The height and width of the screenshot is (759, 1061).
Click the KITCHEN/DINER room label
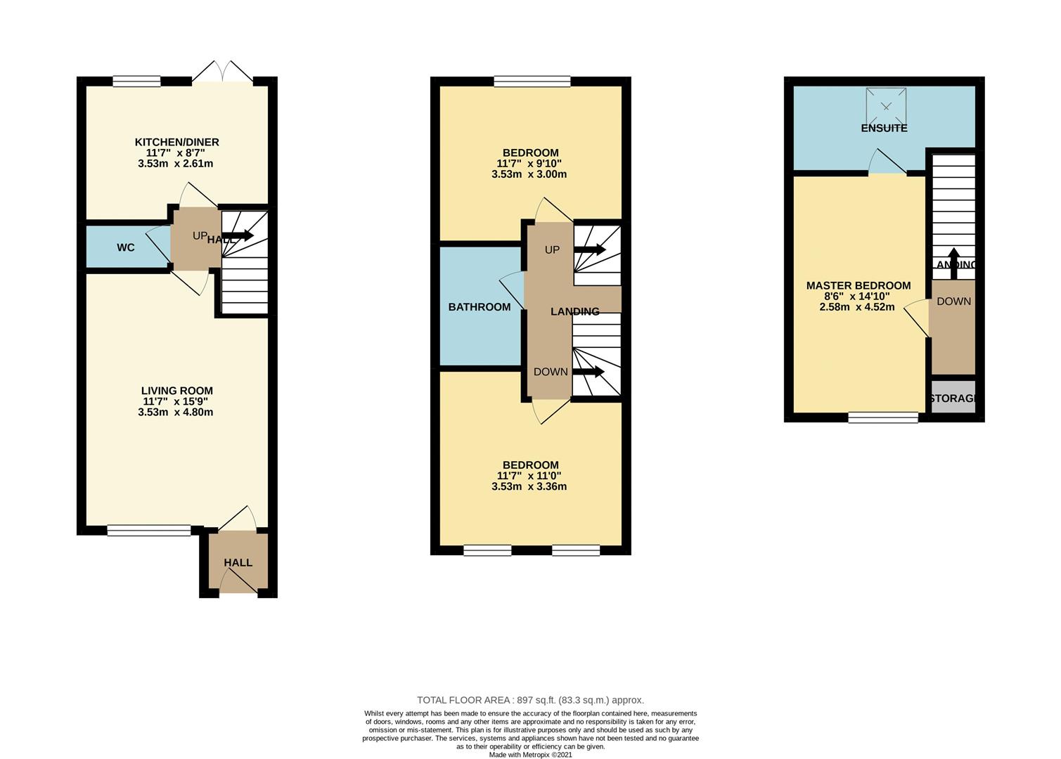[176, 142]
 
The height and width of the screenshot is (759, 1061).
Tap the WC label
[126, 247]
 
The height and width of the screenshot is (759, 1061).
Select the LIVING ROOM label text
[176, 391]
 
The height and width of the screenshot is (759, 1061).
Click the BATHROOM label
[480, 307]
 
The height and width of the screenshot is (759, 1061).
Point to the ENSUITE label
[884, 128]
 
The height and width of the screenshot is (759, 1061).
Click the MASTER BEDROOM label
[858, 285]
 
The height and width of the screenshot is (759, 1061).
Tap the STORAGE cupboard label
[953, 398]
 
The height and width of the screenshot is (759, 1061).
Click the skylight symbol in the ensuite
[886, 106]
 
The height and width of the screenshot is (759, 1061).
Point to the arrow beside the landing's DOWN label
[589, 372]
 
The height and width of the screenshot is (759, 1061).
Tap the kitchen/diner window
[136, 82]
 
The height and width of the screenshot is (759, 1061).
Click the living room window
[148, 531]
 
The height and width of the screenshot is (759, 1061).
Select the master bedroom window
[882, 417]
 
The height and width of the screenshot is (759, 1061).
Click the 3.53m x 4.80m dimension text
[175, 413]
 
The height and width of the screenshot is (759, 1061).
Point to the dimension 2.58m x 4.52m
[856, 307]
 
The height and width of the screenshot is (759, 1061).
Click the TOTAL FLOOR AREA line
[530, 700]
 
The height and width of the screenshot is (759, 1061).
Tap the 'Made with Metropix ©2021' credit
[530, 755]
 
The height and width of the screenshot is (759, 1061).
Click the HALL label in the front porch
[238, 563]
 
